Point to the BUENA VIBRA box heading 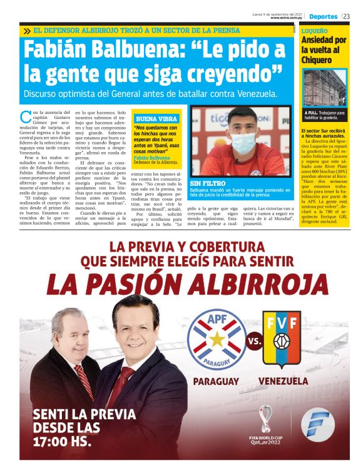[155, 118]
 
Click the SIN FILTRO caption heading [207, 183]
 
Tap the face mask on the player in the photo [243, 142]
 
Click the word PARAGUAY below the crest [216, 381]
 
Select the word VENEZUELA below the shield [282, 381]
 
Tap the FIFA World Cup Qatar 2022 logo [267, 426]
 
